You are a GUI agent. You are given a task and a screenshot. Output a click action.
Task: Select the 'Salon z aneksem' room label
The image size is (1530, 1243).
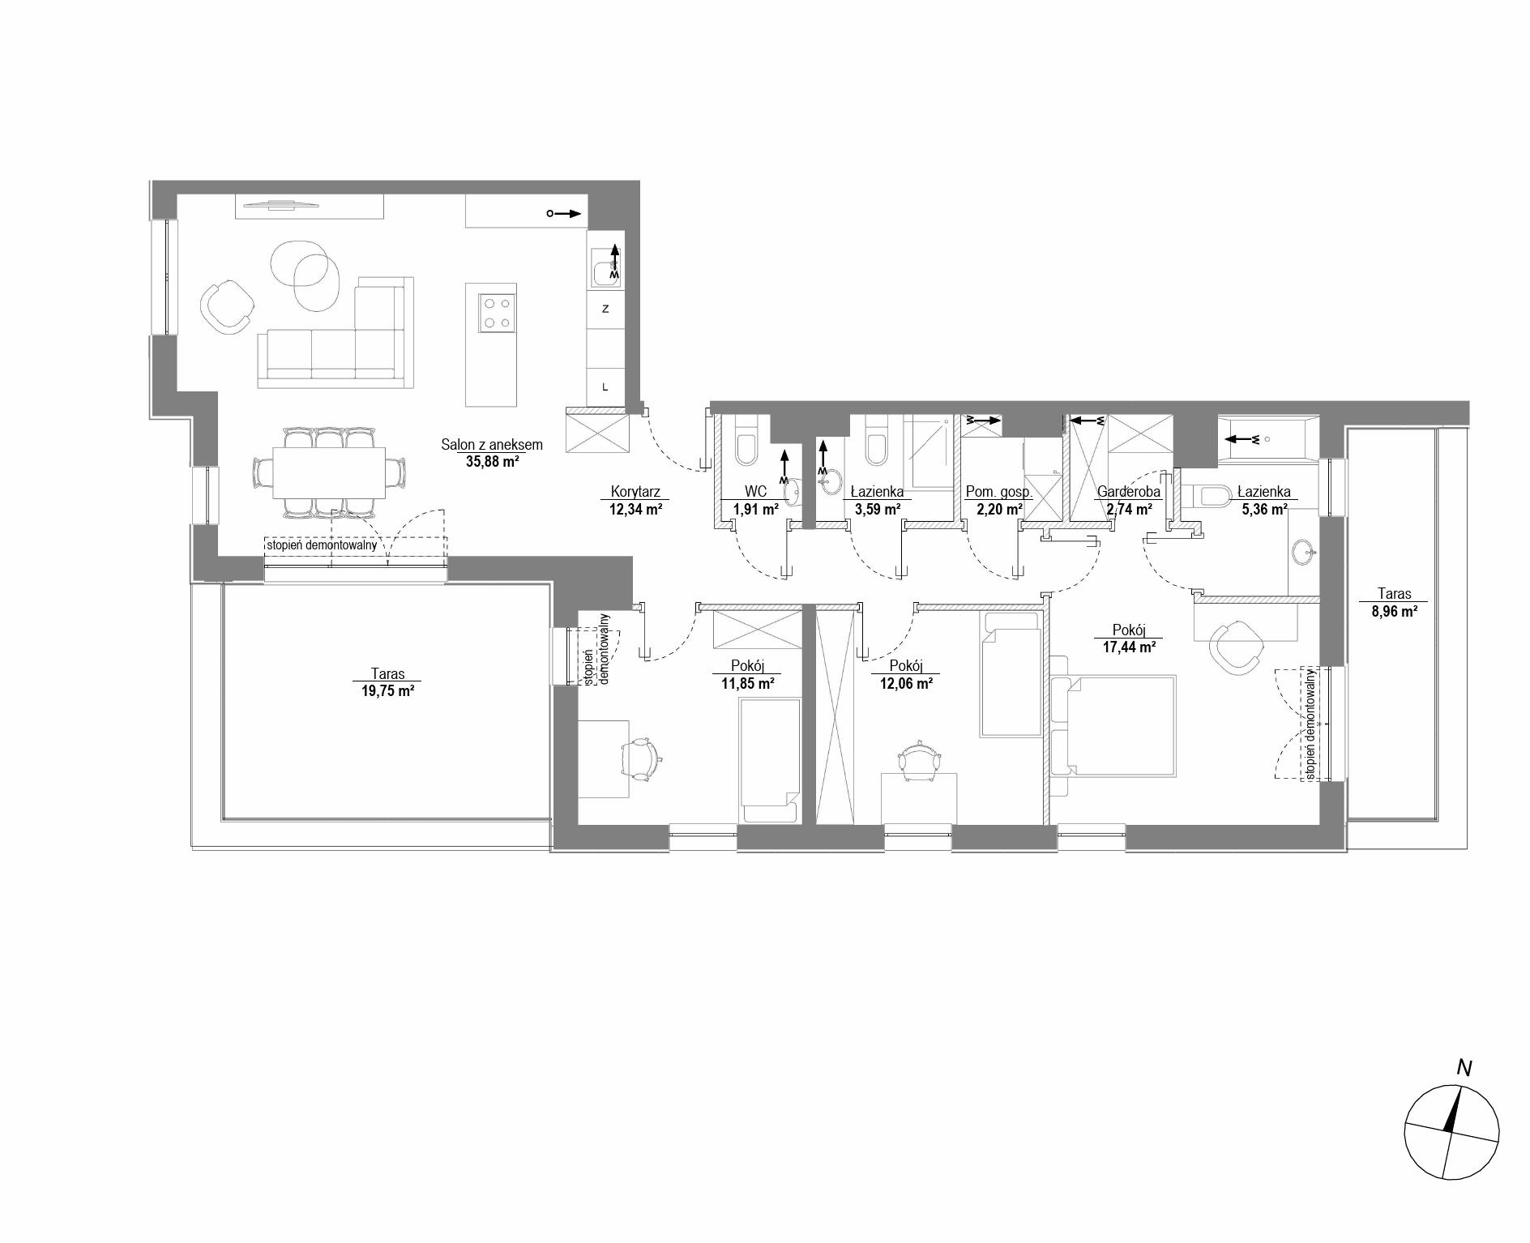tap(492, 445)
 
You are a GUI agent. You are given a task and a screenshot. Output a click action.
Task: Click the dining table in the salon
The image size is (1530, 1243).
tap(328, 472)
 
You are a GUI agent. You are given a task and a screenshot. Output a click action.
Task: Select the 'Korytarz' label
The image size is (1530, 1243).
tap(635, 492)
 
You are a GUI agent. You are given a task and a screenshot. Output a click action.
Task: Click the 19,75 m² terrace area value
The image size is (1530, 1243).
tap(387, 691)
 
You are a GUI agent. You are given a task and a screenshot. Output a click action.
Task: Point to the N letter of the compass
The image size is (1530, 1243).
tap(1464, 1068)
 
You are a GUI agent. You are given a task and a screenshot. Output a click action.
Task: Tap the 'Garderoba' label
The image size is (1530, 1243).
tap(1129, 492)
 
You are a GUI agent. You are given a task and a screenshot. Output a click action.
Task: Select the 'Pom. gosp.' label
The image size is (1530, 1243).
tap(998, 492)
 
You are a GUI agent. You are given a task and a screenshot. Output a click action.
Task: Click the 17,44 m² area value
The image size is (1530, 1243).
tap(1128, 647)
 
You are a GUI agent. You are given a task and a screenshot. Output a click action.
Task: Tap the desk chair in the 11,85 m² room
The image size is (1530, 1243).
tap(641, 759)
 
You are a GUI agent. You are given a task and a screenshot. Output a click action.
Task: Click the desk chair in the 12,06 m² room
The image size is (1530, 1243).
tap(919, 761)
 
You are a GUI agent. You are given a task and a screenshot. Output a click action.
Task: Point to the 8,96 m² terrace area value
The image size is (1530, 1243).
tap(1394, 613)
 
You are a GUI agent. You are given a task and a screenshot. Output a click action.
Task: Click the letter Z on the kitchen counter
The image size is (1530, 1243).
tap(605, 309)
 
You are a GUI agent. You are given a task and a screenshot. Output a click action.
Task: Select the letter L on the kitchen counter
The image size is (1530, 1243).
tap(605, 387)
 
